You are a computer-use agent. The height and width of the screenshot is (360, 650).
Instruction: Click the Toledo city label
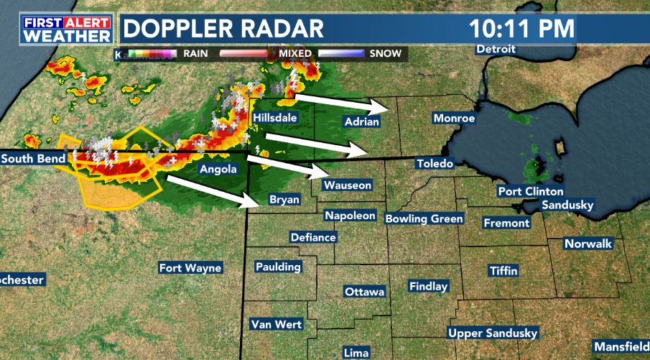click(x=435, y=164)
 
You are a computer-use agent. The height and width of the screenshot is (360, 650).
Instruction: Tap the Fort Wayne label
click(x=190, y=268)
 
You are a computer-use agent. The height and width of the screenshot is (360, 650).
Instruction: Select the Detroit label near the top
click(x=496, y=49)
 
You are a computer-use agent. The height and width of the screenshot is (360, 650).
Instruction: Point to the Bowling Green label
click(x=424, y=218)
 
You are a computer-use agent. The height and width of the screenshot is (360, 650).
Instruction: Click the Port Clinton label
click(x=531, y=191)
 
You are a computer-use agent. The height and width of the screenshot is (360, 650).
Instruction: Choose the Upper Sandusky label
click(x=493, y=333)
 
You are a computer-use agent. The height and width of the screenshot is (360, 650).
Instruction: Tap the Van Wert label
click(x=277, y=324)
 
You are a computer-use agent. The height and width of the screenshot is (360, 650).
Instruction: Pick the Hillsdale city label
click(x=275, y=117)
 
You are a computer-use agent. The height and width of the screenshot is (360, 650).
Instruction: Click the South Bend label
click(x=34, y=158)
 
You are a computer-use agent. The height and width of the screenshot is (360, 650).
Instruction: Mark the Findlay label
click(x=428, y=286)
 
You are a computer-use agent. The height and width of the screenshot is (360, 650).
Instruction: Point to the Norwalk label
click(x=588, y=244)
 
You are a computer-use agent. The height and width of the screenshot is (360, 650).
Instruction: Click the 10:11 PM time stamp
click(x=522, y=29)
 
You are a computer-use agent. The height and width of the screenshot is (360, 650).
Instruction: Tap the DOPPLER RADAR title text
click(x=223, y=29)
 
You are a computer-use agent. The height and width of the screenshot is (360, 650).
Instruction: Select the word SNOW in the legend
click(x=386, y=53)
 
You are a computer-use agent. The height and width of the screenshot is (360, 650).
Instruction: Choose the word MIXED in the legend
click(x=295, y=53)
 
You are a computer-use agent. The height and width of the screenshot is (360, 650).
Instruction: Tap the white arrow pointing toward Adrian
click(x=343, y=101)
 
